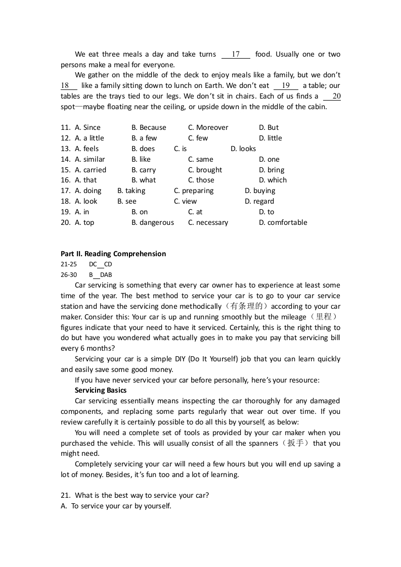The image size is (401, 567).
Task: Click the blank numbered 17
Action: (x=236, y=55)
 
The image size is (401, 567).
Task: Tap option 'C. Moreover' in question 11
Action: (x=208, y=127)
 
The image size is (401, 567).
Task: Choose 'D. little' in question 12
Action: (x=271, y=138)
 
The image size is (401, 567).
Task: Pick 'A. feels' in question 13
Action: (x=86, y=149)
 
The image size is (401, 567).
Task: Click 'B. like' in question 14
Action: (x=141, y=159)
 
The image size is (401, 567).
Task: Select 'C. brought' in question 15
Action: (x=205, y=170)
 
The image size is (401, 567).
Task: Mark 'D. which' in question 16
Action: (x=273, y=180)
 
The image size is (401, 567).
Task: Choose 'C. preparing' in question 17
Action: (x=194, y=191)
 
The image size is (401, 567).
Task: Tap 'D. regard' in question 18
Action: (x=259, y=201)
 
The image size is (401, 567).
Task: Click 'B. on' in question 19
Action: (x=140, y=212)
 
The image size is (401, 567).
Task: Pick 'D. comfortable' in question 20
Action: (x=283, y=222)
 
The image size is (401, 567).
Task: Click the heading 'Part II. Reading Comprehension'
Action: (x=113, y=254)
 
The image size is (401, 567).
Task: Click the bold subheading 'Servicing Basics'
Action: (x=101, y=390)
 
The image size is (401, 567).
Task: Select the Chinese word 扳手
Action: (x=296, y=443)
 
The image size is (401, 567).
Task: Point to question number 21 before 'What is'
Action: (x=65, y=495)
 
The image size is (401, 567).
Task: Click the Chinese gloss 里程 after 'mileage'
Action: (x=323, y=317)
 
